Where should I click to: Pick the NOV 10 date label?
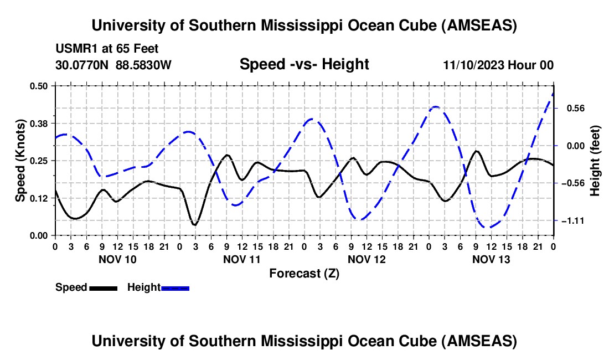[x=117, y=259]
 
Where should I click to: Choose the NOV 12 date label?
[x=367, y=259]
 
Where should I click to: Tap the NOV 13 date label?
[x=491, y=259]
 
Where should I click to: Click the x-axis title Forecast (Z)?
[x=304, y=273]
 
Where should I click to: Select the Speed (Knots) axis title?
[x=20, y=160]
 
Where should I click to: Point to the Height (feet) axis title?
[x=595, y=161]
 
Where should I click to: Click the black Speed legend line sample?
[x=102, y=287]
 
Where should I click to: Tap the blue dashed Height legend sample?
[x=175, y=287]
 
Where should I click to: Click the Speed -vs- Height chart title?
[x=304, y=64]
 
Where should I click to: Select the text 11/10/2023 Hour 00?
[x=498, y=65]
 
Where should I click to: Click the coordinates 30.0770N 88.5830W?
[x=113, y=65]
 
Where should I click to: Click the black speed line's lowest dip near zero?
[x=194, y=224]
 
